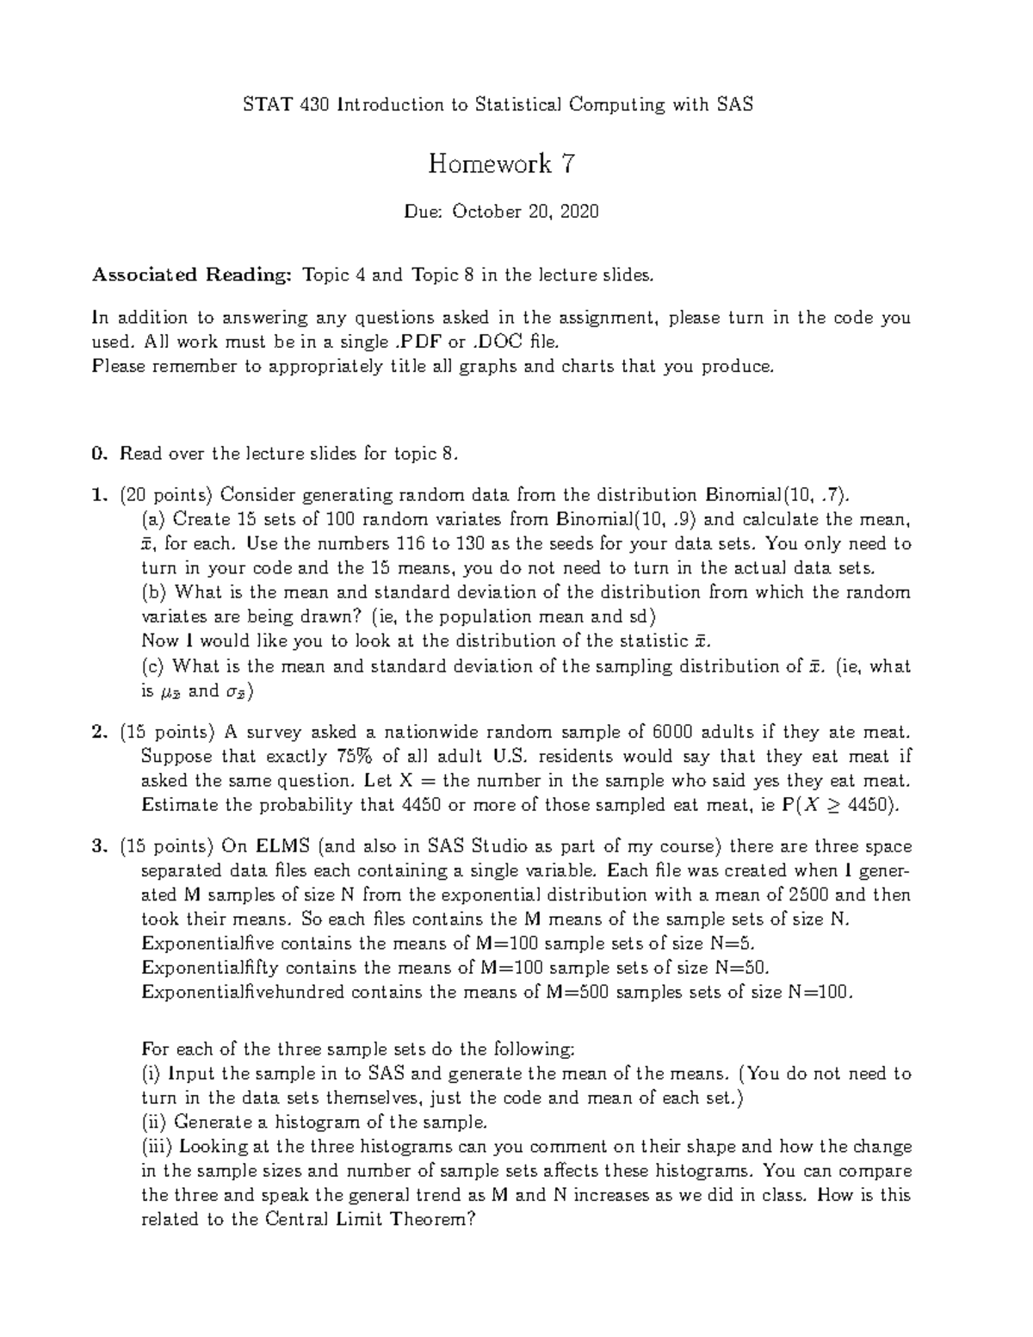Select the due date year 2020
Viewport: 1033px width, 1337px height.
tap(579, 212)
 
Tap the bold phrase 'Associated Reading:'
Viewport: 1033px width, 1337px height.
tap(193, 275)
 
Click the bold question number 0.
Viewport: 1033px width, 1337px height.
tap(99, 454)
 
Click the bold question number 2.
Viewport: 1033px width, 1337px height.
tap(99, 733)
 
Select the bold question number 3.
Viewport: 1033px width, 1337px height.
tap(99, 846)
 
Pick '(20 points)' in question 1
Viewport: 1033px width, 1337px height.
tap(167, 495)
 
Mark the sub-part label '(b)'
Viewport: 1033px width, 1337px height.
tap(154, 592)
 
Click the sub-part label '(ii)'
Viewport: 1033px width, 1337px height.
tap(154, 1123)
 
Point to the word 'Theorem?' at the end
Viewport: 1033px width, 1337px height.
tap(431, 1220)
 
